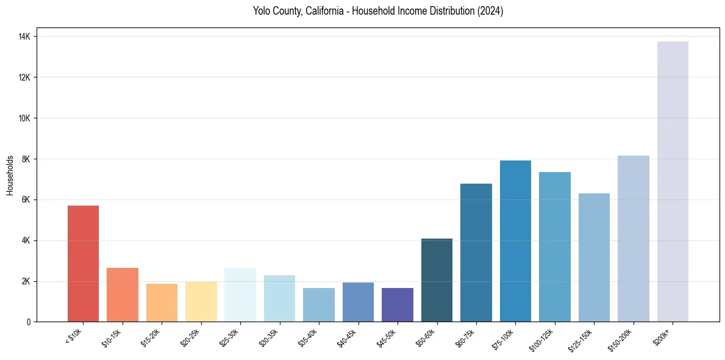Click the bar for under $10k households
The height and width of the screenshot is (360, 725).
click(83, 264)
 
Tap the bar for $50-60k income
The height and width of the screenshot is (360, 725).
click(437, 280)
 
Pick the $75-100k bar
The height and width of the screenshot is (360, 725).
click(515, 241)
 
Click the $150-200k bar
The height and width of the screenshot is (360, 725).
click(633, 239)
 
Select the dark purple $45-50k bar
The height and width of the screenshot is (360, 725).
click(398, 304)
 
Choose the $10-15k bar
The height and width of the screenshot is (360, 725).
click(123, 295)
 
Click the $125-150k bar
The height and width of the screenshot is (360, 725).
click(594, 257)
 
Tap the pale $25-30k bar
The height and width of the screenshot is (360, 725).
click(240, 295)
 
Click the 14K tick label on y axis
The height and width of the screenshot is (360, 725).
click(24, 37)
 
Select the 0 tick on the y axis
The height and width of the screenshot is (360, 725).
click(29, 322)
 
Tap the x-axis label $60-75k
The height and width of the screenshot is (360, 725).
click(466, 337)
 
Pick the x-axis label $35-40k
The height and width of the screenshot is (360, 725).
click(309, 337)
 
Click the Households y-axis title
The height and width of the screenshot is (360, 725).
click(10, 175)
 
